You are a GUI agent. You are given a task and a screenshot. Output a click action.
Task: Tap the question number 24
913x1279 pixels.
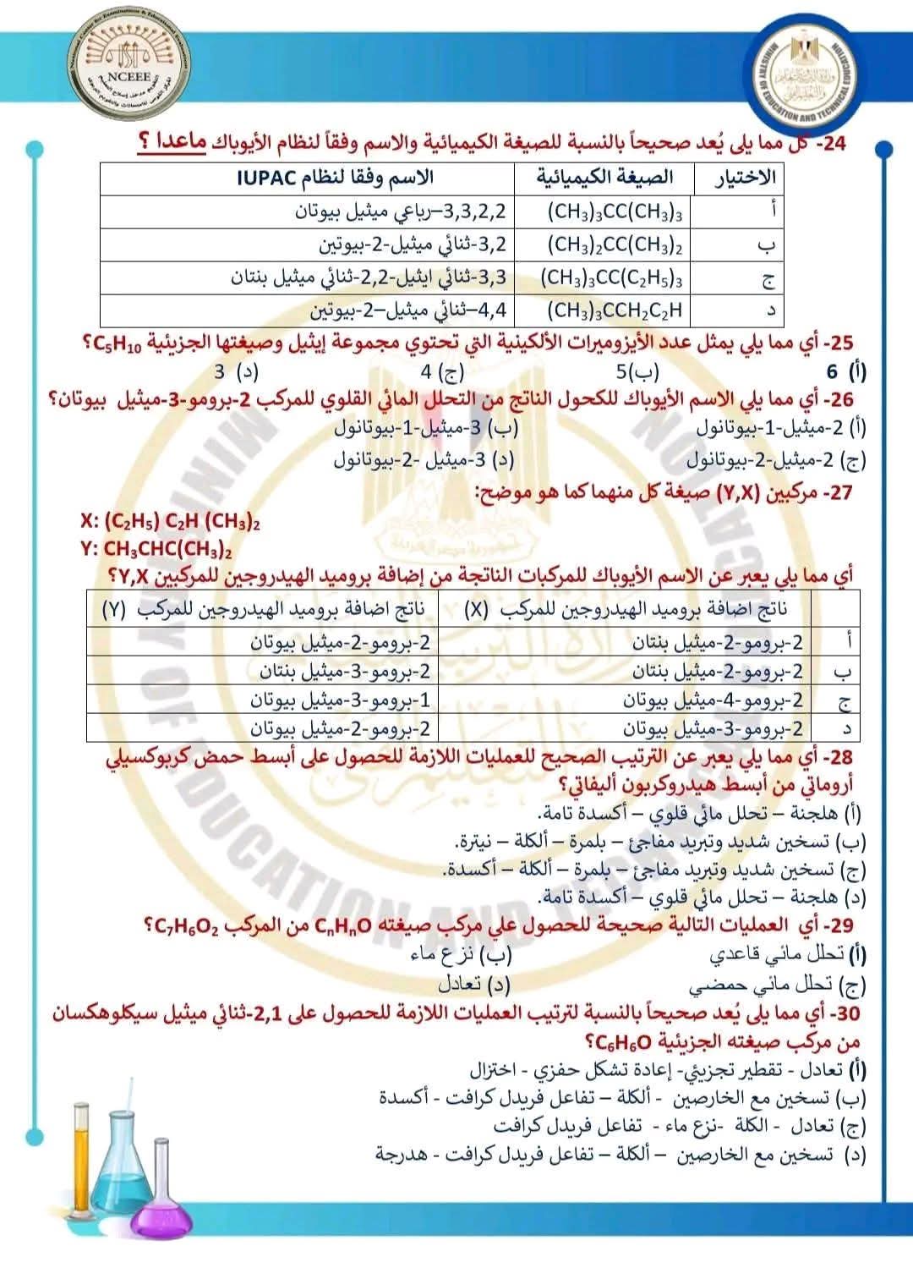click(x=832, y=144)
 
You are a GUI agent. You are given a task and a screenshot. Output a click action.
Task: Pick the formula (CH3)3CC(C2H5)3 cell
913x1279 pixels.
click(x=612, y=277)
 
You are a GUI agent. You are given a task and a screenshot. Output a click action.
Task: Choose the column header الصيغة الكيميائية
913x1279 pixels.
click(x=605, y=178)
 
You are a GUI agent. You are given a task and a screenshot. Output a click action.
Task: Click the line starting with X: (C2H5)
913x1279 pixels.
click(x=169, y=522)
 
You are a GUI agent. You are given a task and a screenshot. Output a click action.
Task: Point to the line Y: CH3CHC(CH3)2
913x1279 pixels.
click(x=157, y=549)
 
